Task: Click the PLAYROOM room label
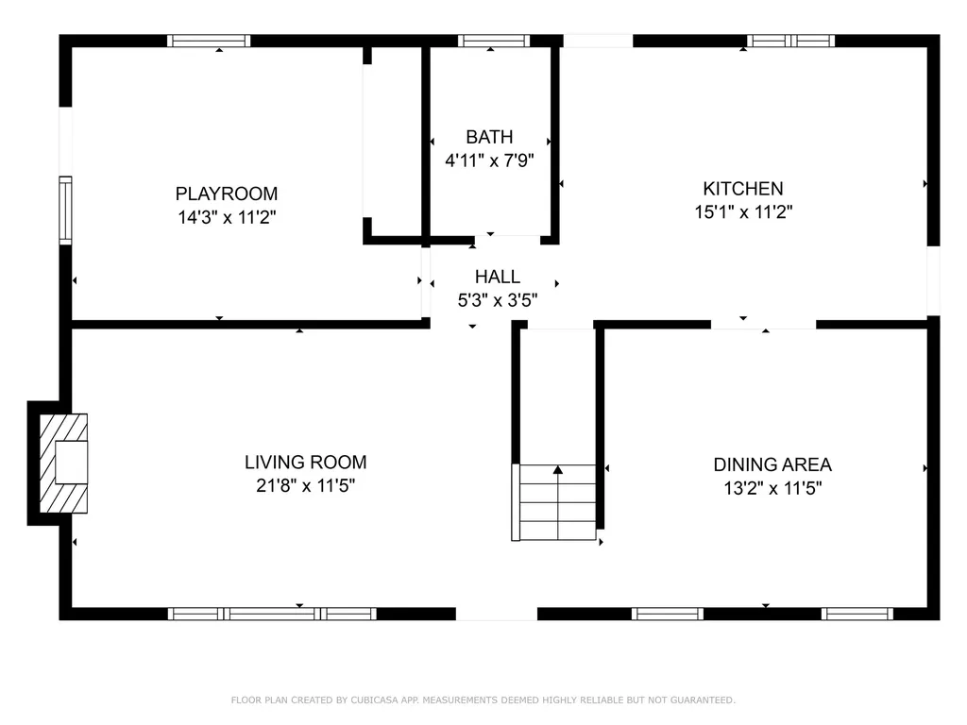tap(227, 194)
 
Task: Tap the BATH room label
tap(489, 138)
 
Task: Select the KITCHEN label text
tap(742, 189)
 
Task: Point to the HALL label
tap(497, 277)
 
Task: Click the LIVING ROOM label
tap(305, 463)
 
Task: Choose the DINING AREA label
tap(772, 464)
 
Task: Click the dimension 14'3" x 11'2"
tap(227, 217)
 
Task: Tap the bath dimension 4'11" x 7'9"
tap(489, 160)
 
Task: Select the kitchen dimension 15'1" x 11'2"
tap(742, 212)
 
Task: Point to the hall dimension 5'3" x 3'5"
tap(497, 300)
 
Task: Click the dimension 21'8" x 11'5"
tap(305, 486)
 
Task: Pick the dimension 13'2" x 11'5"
tap(772, 488)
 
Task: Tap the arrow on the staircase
tap(558, 469)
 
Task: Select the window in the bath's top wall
tap(493, 41)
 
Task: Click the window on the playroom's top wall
tap(209, 41)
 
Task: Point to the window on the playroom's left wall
tap(65, 210)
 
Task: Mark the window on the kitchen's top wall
tap(790, 41)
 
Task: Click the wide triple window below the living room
tap(272, 614)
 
